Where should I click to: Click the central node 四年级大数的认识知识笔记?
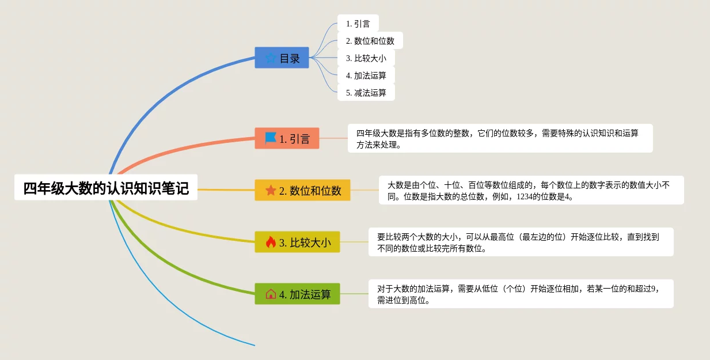(x=106, y=187)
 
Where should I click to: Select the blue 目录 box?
(x=282, y=58)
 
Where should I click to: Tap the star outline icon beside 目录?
(x=271, y=58)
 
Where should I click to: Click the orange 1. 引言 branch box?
(x=287, y=138)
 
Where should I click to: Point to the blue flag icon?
(x=271, y=138)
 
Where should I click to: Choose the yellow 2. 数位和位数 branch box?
(x=302, y=190)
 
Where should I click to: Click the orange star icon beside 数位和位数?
(x=271, y=190)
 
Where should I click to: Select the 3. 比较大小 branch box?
(x=297, y=242)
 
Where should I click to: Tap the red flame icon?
(x=271, y=242)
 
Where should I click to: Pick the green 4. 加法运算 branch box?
(x=297, y=294)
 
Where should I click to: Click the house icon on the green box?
(x=271, y=294)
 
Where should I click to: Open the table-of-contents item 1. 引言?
(x=358, y=24)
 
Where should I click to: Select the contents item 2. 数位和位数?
(x=370, y=40)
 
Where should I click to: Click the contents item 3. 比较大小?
(x=366, y=58)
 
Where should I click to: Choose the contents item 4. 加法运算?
(x=366, y=75)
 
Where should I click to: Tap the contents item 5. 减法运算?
(x=366, y=93)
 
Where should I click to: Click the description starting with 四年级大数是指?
(x=500, y=138)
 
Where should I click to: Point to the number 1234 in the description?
(x=524, y=196)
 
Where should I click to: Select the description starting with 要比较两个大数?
(x=521, y=242)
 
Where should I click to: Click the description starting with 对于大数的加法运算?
(x=521, y=294)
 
